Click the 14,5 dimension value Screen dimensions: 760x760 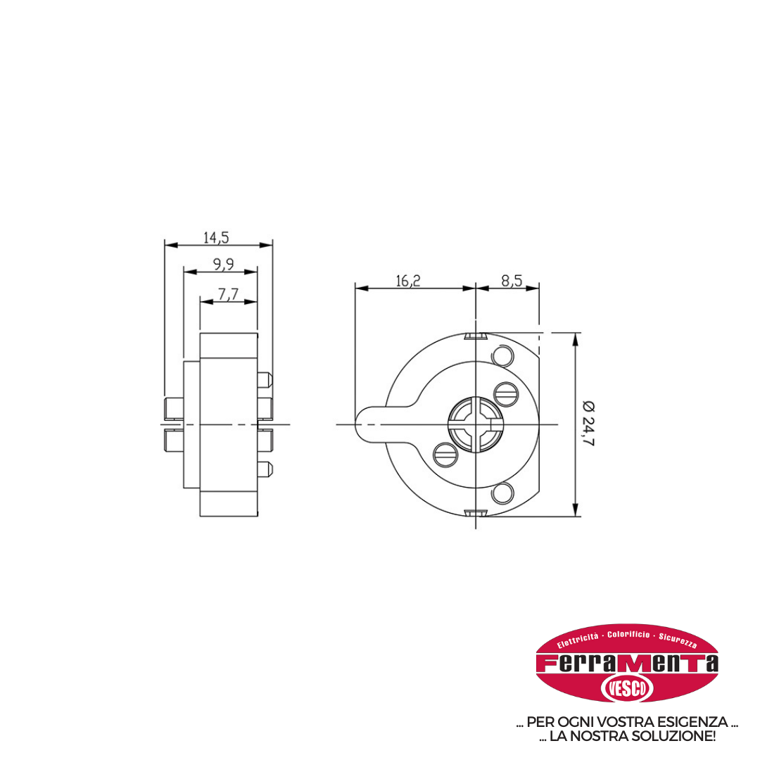click(216, 238)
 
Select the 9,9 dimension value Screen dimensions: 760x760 click(224, 264)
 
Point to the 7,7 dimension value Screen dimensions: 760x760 click(228, 294)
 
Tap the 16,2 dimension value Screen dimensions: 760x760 click(408, 281)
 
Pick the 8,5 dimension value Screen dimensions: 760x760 click(512, 281)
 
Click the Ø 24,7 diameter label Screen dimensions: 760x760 click(588, 424)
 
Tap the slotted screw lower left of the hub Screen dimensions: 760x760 click(445, 455)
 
